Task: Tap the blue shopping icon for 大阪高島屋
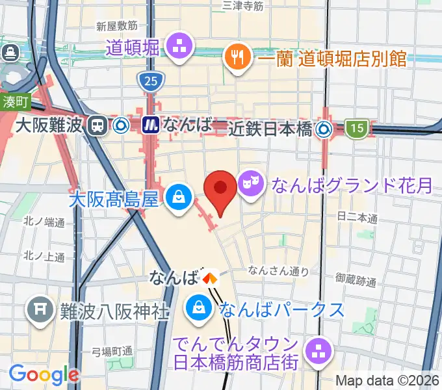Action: coord(176,196)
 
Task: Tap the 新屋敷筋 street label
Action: coord(116,26)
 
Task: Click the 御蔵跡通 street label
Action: coord(357,281)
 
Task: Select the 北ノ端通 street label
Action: coord(44,222)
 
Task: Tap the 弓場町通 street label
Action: coord(112,352)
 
